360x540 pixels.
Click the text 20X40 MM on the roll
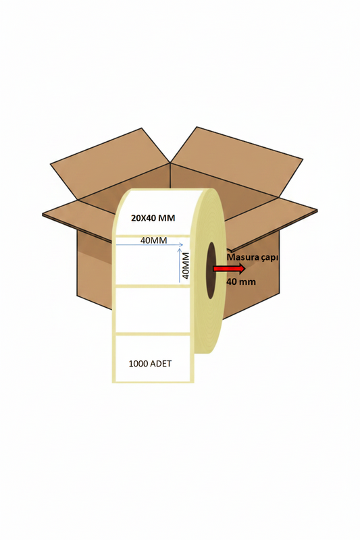[153, 218]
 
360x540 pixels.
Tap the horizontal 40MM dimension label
[153, 240]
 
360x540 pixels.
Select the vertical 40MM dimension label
[186, 265]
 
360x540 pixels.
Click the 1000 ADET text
[150, 364]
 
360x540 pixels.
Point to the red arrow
[229, 268]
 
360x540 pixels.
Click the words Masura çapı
[253, 257]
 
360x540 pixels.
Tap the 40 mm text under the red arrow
[241, 281]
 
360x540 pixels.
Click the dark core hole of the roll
[211, 271]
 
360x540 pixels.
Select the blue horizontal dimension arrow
[149, 245]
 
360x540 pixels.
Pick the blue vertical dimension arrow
[179, 265]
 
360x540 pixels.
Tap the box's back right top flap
[237, 162]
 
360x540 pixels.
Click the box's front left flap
[78, 221]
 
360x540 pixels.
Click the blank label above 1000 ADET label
[153, 310]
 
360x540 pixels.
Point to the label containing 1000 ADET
[153, 358]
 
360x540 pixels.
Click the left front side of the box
[95, 272]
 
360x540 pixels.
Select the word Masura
[240, 257]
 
